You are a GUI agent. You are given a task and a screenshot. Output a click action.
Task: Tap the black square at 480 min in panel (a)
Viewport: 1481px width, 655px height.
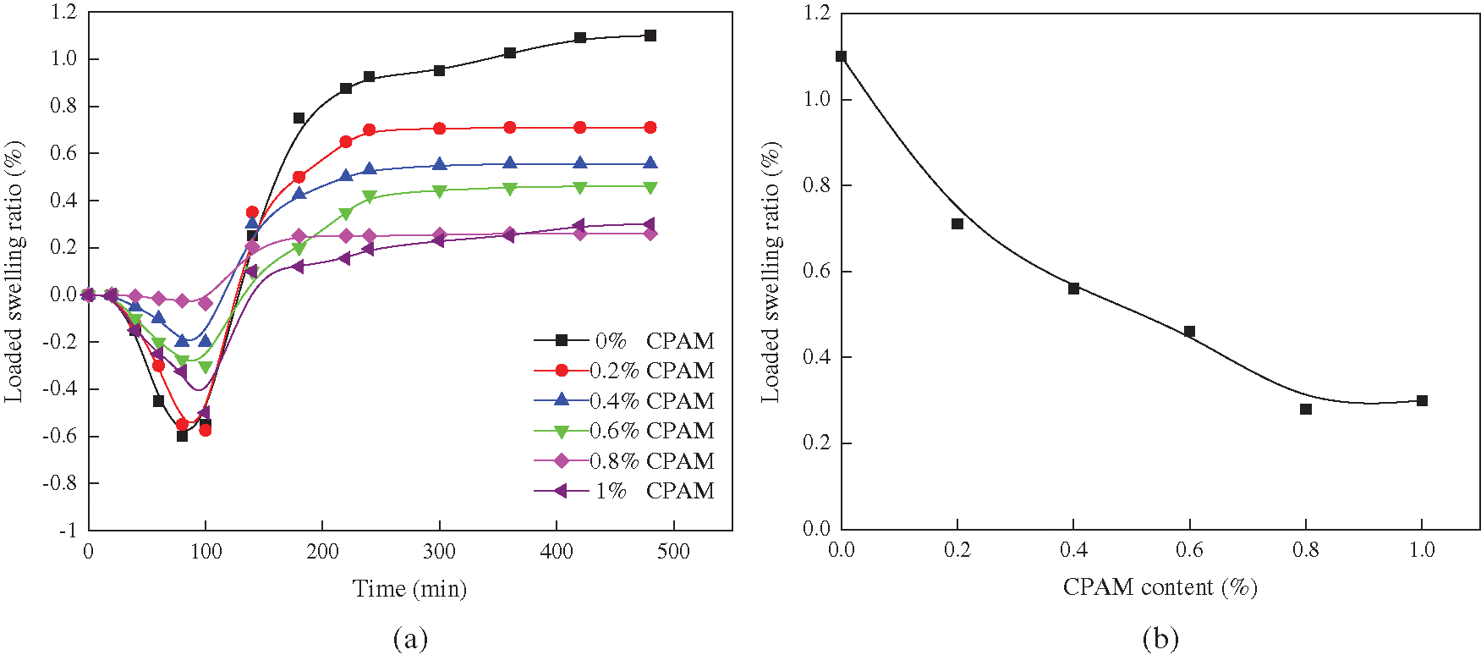[650, 36]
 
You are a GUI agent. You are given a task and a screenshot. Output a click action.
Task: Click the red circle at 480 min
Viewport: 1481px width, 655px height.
[650, 128]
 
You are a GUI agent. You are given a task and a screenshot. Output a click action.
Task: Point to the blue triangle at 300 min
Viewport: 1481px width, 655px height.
[440, 164]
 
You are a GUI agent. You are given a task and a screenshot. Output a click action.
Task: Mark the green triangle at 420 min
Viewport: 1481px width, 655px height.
[580, 187]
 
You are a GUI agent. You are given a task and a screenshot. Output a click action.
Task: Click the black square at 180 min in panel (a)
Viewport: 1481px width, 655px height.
[299, 118]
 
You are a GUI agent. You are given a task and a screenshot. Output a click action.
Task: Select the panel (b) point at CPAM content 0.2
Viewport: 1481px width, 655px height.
[957, 224]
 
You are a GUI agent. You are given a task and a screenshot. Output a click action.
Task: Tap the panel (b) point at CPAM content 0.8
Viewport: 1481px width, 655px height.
[1306, 410]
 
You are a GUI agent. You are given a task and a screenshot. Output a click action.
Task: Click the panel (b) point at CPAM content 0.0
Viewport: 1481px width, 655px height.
[841, 57]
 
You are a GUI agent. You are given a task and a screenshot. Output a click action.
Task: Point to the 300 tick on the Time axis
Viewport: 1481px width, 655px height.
[440, 552]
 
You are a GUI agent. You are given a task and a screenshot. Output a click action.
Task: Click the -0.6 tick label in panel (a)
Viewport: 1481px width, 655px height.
[59, 437]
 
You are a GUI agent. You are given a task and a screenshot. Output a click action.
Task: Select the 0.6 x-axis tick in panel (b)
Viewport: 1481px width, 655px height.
[1189, 550]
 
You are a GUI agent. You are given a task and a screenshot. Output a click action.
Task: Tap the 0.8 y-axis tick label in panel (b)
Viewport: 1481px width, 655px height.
[817, 185]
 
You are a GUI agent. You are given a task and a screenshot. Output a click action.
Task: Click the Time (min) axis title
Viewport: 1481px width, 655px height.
[409, 589]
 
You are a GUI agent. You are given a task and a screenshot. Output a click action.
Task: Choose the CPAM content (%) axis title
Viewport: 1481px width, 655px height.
[1160, 587]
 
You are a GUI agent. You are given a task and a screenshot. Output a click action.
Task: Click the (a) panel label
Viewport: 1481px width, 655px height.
[410, 638]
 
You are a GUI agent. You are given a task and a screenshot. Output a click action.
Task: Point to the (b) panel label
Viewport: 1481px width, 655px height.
[1160, 638]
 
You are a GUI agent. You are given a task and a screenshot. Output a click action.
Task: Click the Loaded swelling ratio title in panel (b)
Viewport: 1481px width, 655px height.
[771, 271]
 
